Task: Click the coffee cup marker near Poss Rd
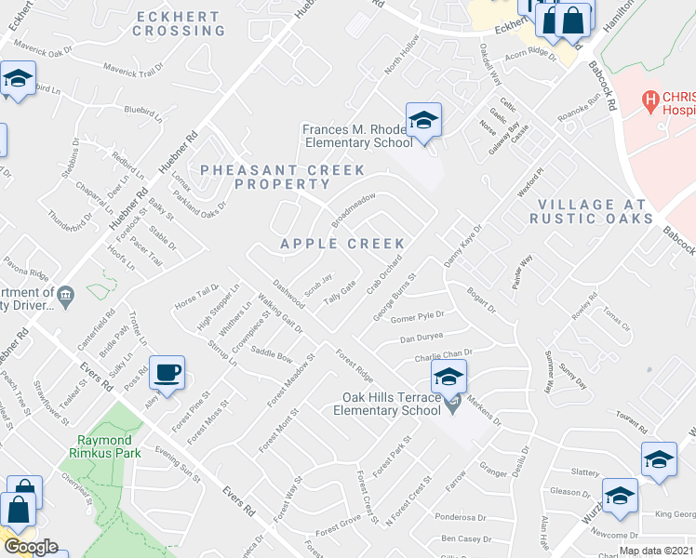point(167,373)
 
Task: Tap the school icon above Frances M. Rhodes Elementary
point(423,121)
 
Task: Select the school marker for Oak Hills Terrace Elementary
point(448,378)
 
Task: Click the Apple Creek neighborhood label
point(343,244)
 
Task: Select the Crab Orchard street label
point(383,273)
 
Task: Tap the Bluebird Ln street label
point(143,109)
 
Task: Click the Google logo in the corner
point(31,547)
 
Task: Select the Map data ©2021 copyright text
point(657,551)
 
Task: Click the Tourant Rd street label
point(630,426)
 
